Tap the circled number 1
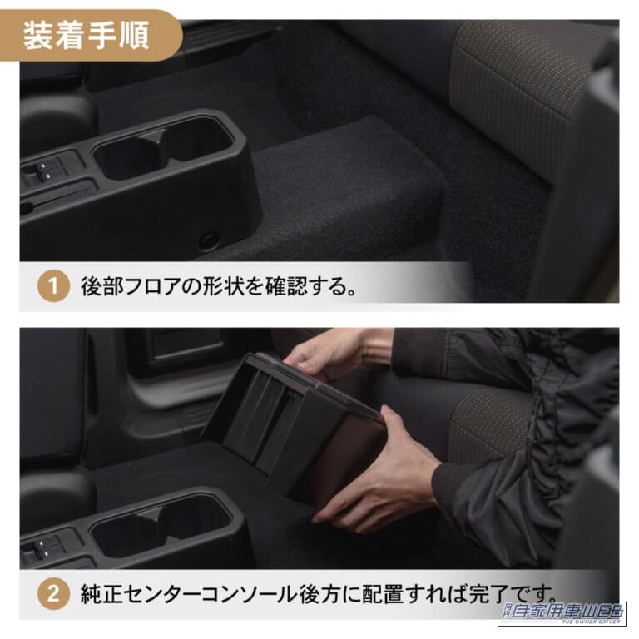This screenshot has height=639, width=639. (x=53, y=288)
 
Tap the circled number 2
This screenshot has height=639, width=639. (x=53, y=594)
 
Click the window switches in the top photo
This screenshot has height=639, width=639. (x=46, y=172)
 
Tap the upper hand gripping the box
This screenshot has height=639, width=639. (x=324, y=354)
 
